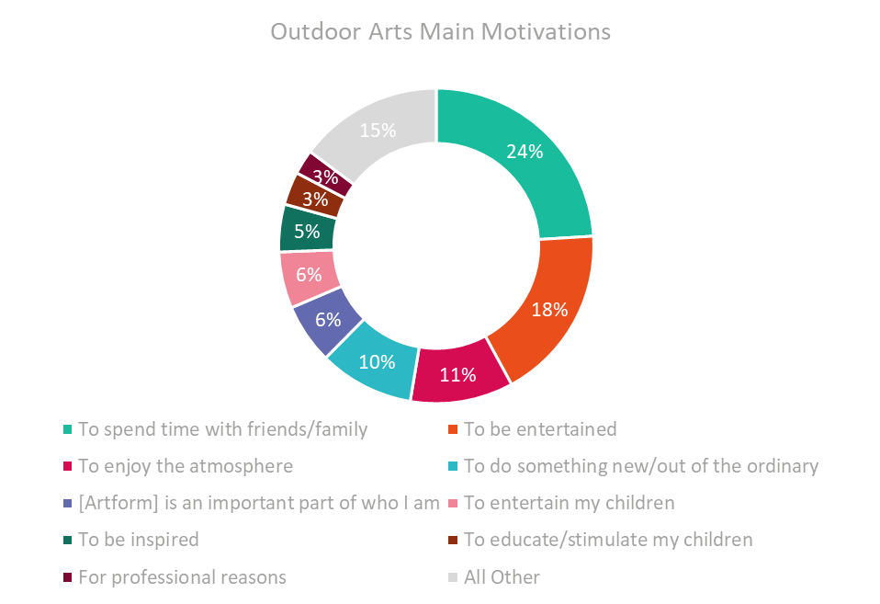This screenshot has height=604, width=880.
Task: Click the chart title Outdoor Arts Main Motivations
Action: [x=441, y=31]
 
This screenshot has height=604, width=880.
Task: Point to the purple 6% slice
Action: [x=328, y=319]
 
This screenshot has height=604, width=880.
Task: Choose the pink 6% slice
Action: [x=309, y=275]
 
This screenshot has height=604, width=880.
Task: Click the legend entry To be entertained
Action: [x=533, y=429]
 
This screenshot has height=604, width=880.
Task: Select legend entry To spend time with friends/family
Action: [x=216, y=429]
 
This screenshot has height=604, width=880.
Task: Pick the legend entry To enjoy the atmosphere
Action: [x=178, y=466]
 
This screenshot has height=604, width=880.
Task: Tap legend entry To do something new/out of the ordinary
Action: [x=634, y=466]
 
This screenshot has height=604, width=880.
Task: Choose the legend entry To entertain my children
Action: [x=561, y=503]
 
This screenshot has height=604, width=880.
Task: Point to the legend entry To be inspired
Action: [x=130, y=540]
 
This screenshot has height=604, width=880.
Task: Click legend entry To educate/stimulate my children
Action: [x=601, y=540]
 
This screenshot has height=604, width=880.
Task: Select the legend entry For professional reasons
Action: [x=175, y=577]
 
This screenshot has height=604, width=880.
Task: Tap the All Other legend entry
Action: [x=494, y=577]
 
